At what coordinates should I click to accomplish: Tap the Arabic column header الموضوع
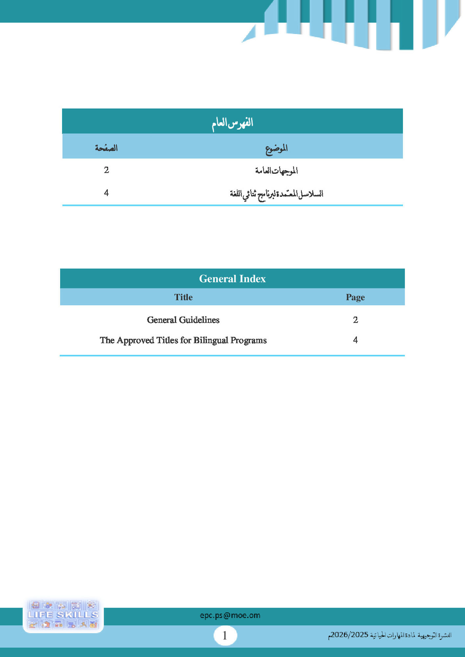point(276,148)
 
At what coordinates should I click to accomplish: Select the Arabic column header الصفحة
point(106,148)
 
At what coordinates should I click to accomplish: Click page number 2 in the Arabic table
point(106,170)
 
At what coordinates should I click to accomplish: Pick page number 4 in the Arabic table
point(106,193)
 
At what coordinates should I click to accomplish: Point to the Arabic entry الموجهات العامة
point(276,170)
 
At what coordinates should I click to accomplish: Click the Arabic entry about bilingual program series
point(276,193)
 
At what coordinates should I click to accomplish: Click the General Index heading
point(232,279)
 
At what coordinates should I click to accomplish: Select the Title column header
point(183,297)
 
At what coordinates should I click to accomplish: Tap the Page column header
point(355,297)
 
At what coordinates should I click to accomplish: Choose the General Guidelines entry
point(183,320)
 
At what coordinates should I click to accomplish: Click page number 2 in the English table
point(355,320)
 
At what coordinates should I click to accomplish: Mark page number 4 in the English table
point(355,340)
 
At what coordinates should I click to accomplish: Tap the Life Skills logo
point(63,615)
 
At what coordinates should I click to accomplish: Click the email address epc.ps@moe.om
point(230,615)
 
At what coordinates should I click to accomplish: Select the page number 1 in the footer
point(225,636)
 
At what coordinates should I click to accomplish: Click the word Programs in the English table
point(248,340)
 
